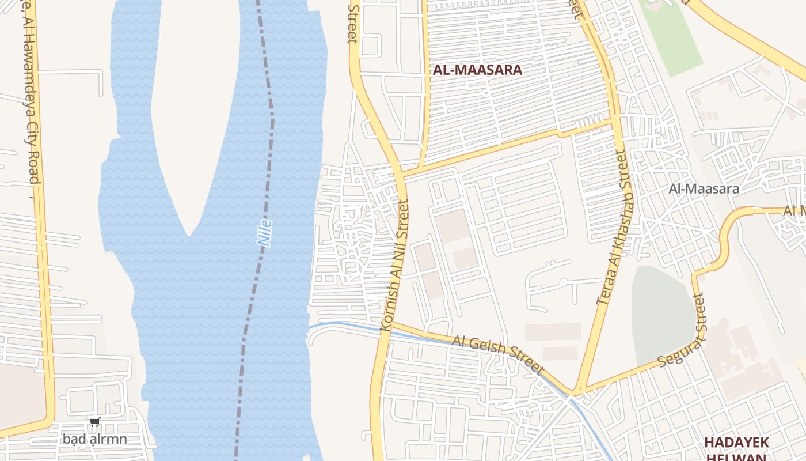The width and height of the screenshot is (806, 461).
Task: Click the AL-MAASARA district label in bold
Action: coord(477,70)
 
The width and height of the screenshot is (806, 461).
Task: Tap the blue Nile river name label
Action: coord(265,233)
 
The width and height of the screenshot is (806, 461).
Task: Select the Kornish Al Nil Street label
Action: coord(395,265)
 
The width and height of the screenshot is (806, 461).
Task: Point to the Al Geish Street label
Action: coord(498,354)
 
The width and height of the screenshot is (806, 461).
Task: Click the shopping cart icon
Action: coord(95,422)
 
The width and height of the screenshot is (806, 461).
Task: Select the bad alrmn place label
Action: coord(94,439)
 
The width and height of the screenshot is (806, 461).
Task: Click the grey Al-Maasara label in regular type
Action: coord(704,188)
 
